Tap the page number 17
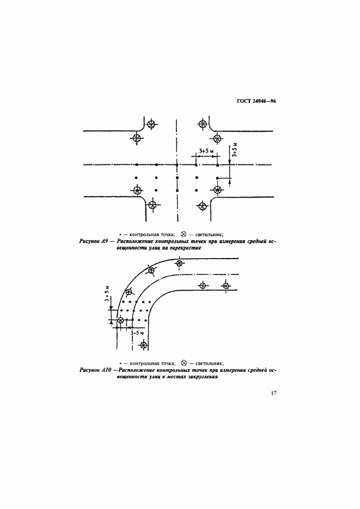273,393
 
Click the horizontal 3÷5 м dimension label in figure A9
205,151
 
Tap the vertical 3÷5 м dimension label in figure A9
235,150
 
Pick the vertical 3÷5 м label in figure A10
107,294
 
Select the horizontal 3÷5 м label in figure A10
137,333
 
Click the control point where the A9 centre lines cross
177,165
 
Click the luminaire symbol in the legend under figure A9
184,234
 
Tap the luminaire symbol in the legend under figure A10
184,363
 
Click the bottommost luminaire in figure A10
143,345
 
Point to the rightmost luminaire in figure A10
226,285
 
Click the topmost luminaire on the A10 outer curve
179,263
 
